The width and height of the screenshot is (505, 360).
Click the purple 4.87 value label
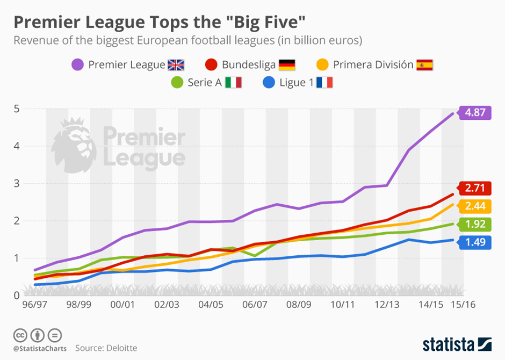click(475, 113)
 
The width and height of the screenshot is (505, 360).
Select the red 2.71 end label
click(475, 188)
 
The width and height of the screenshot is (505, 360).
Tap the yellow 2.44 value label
click(475, 206)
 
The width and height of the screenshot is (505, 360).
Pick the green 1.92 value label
click(475, 225)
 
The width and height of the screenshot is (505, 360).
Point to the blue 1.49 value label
click(475, 242)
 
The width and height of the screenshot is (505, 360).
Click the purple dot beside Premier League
click(78, 65)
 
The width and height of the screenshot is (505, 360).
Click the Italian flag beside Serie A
click(233, 83)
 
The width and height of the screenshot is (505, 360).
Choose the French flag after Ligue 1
click(324, 83)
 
